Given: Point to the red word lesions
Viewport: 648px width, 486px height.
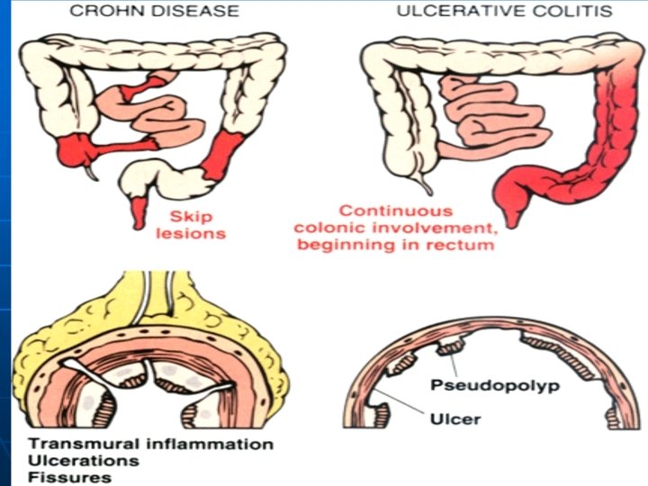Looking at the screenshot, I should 196,233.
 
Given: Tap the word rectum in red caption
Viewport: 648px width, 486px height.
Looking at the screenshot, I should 461,244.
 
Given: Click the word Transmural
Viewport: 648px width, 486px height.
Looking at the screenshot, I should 77,445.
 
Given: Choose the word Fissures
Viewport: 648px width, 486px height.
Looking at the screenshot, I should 61,477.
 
